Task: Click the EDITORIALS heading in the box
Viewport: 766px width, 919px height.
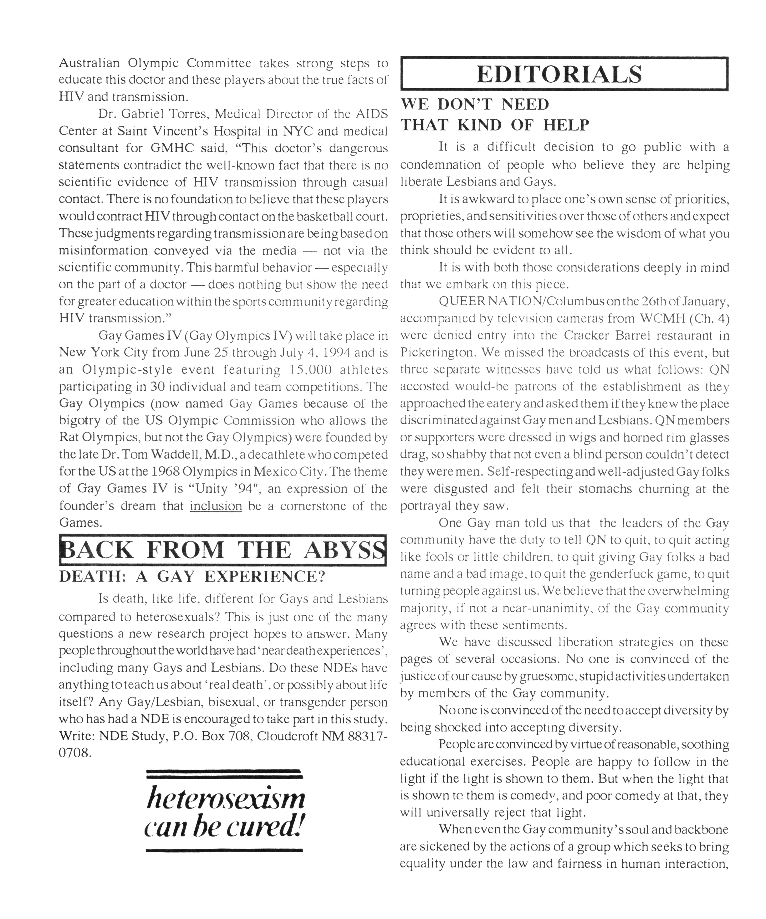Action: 559,74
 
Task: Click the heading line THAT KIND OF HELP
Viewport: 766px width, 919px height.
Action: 495,125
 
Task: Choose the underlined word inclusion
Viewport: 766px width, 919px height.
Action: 216,506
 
